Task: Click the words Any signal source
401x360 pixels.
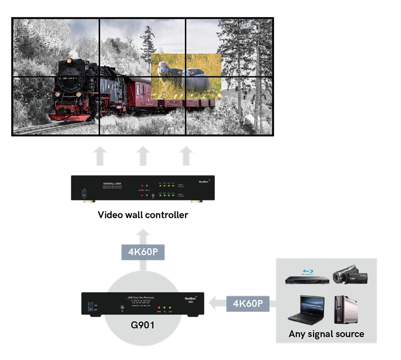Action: (x=326, y=334)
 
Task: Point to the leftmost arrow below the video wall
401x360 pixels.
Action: (x=100, y=156)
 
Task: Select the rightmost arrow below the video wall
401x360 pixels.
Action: (x=186, y=156)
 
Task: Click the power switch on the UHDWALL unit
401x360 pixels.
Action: (x=83, y=194)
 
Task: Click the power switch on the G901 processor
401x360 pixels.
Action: (x=90, y=305)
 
